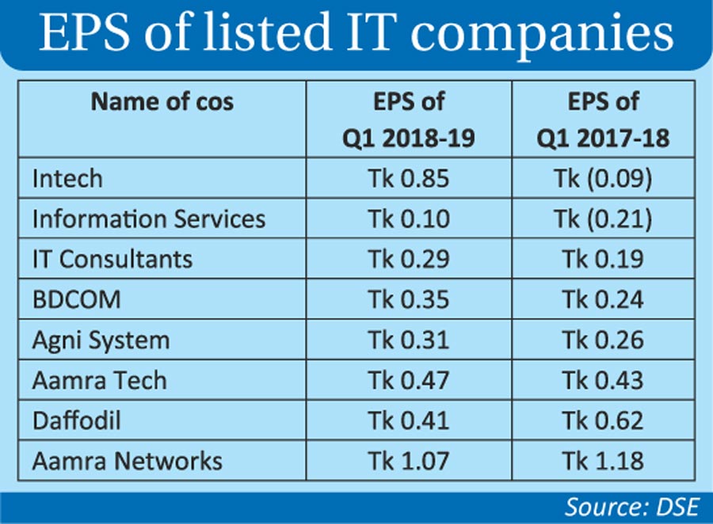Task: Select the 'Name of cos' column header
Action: pos(162,102)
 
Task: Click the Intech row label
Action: pos(67,178)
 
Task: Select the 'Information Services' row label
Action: pos(149,218)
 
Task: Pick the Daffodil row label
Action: pos(76,420)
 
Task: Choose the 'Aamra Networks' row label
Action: pos(127,460)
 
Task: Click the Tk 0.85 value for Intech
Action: pos(408,178)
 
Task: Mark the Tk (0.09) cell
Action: pos(603,178)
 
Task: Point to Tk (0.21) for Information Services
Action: pos(603,218)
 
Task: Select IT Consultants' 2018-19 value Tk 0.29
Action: pos(408,259)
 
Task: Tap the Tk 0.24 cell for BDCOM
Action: pos(603,299)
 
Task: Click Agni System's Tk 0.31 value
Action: pos(408,340)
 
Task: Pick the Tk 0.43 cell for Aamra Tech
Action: pos(603,380)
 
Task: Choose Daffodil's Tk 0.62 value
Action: pos(603,420)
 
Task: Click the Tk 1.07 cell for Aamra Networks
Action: pos(408,460)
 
